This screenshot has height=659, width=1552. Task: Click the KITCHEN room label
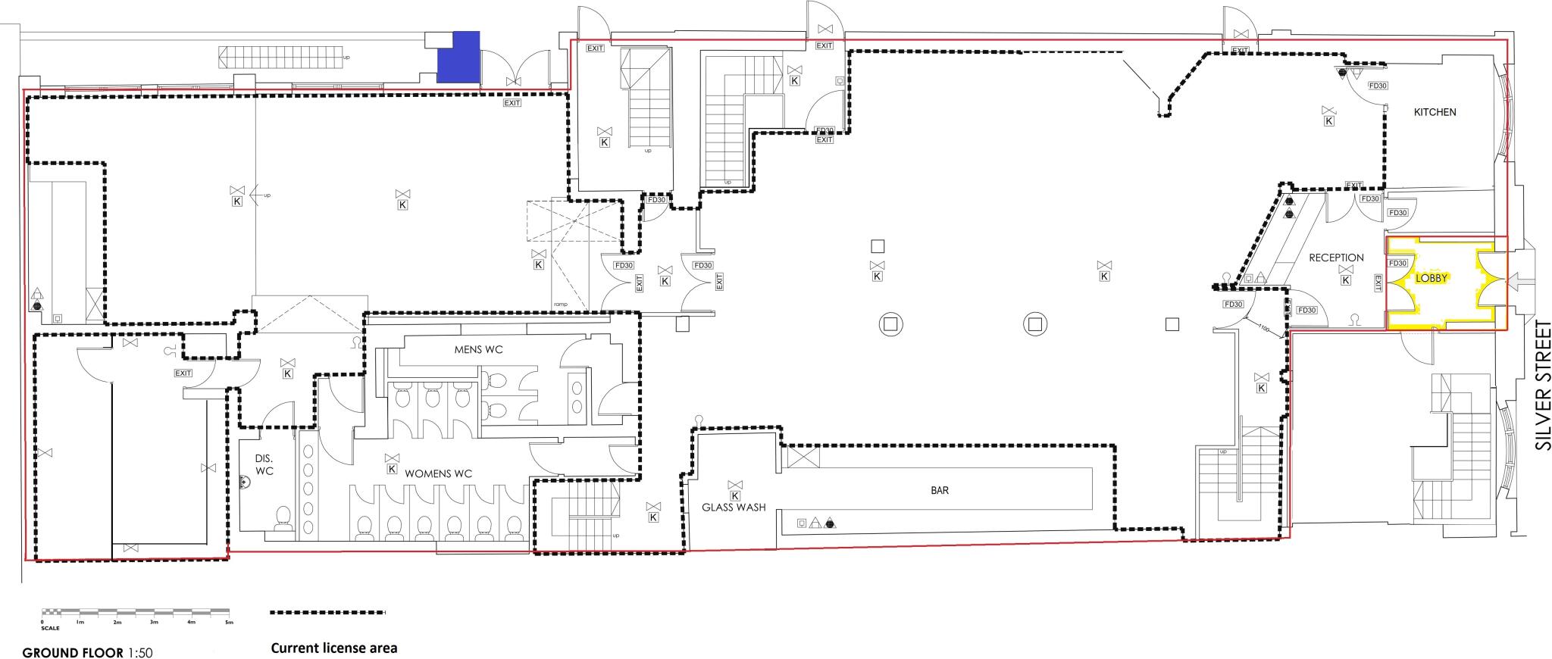point(1435,112)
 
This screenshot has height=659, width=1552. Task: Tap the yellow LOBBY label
point(1432,278)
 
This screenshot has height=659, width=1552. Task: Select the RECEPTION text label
point(1336,258)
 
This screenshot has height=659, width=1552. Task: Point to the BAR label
point(940,490)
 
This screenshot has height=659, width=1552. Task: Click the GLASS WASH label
point(733,508)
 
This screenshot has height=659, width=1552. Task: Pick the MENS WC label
point(478,349)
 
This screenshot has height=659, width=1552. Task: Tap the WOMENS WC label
point(438,473)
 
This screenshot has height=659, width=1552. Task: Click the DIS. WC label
point(264,465)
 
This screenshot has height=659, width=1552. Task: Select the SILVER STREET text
point(1543,395)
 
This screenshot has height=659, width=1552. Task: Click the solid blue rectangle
point(459,57)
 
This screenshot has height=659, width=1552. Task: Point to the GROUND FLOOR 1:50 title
point(87,652)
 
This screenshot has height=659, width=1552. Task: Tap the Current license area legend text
point(333,648)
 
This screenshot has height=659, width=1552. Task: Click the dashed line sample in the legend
point(327,612)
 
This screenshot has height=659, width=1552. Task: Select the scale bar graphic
point(136,612)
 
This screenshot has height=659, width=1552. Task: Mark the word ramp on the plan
point(561,304)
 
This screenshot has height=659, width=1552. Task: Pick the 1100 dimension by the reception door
point(1263,328)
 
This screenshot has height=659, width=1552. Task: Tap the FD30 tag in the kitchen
point(1377,86)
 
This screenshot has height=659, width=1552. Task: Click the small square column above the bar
point(1172,324)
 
